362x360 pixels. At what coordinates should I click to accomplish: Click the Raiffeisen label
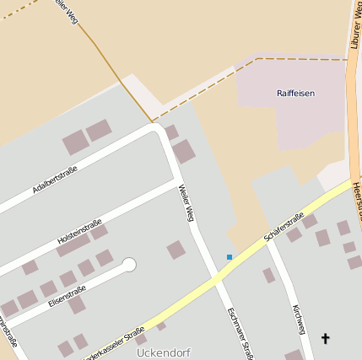295,93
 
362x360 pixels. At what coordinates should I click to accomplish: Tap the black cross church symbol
326,338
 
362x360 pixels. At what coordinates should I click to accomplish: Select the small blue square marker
230,256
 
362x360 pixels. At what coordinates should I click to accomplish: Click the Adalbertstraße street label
55,180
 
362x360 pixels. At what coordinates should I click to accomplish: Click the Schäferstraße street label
284,226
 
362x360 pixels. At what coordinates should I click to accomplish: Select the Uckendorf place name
163,352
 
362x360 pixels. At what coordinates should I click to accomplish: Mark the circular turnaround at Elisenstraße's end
129,265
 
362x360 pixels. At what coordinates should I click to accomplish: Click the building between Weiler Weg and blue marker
176,250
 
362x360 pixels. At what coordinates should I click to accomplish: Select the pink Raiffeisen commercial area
287,110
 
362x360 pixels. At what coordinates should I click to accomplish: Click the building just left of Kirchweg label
268,275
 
